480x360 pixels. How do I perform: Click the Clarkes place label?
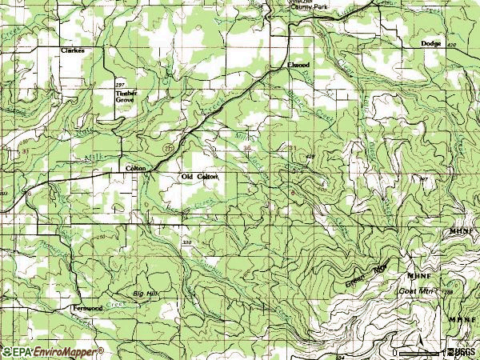[72, 50]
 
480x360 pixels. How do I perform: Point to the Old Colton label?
[199, 176]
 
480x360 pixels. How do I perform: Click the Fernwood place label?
[87, 308]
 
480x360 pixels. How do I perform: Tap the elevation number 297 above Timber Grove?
[121, 84]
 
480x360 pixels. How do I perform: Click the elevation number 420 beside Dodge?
[453, 46]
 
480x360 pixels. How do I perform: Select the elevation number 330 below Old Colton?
[187, 242]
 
